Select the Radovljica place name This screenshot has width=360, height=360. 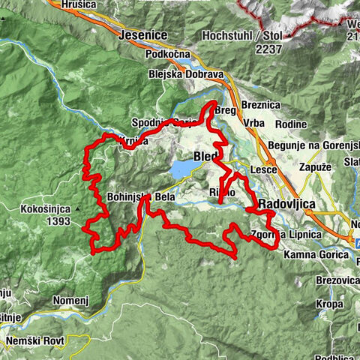[288, 204]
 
